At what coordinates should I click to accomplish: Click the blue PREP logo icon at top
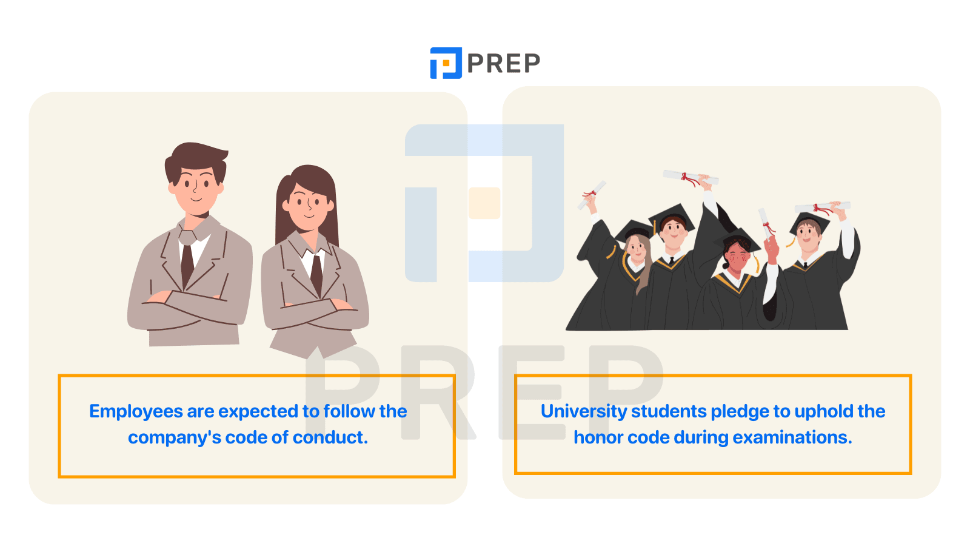click(446, 63)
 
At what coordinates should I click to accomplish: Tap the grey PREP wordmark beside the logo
click(504, 63)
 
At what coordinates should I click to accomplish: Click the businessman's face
click(197, 190)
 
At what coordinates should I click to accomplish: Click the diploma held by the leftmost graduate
click(592, 195)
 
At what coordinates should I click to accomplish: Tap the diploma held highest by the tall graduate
click(691, 177)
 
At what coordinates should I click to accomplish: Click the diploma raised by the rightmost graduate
click(823, 207)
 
